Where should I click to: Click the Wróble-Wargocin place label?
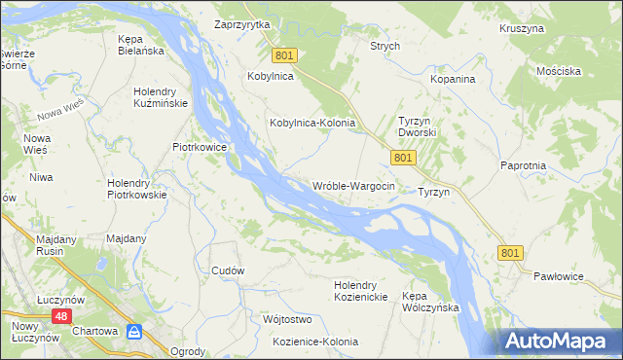(353, 186)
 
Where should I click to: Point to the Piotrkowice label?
(200, 147)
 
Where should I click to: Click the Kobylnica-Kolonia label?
(311, 124)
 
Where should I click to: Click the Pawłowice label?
(560, 277)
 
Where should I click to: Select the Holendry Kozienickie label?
(361, 290)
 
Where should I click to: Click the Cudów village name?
(227, 270)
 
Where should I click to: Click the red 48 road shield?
(60, 316)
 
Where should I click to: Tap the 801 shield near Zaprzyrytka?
(282, 56)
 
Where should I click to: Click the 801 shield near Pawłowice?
(511, 252)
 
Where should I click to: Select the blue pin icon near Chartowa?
(134, 333)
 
